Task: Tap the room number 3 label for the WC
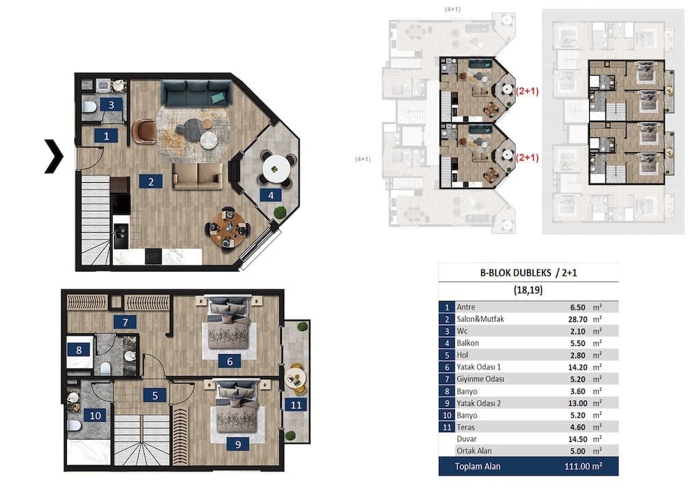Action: (111, 104)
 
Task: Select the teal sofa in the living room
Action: (197, 93)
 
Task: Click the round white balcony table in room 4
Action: (276, 169)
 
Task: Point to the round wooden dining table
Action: (228, 228)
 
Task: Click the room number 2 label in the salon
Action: (151, 181)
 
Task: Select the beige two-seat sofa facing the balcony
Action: (197, 176)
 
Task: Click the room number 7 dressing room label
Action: (126, 322)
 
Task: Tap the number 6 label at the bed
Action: (229, 361)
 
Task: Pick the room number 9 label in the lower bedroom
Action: (238, 444)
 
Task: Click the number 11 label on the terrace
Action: (296, 405)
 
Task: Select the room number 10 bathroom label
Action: (95, 416)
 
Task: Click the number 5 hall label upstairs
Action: (155, 395)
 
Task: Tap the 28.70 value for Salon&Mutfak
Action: (578, 319)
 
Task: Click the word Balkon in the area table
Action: (468, 343)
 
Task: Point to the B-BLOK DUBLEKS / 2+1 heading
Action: (528, 273)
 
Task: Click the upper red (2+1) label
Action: (527, 91)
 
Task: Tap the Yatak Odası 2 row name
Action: (479, 403)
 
